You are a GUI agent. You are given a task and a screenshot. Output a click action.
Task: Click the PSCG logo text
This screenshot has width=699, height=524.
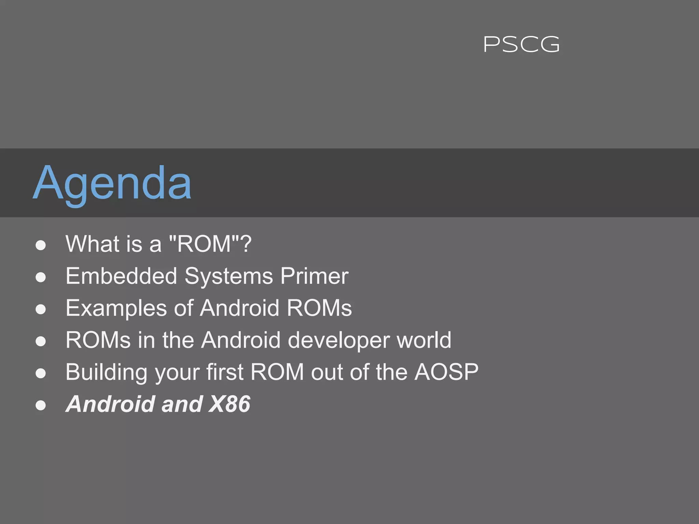522,45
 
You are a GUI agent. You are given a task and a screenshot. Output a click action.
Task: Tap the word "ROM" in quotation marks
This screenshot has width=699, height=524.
204,244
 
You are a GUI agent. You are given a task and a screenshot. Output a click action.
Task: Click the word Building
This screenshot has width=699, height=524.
106,372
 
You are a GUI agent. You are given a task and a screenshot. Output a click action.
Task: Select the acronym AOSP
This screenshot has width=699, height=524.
446,372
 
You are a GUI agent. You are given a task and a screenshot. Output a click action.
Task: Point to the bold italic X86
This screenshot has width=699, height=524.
230,404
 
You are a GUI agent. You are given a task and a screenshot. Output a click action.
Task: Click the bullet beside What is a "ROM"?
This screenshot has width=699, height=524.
41,245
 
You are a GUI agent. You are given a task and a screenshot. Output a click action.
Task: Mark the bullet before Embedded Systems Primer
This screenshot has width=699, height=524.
41,277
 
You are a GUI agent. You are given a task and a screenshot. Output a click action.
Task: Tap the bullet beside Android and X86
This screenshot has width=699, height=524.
41,405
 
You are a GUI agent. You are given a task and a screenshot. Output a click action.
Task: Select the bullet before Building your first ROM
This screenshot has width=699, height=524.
41,373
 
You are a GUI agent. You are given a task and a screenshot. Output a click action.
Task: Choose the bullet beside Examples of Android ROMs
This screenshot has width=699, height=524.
41,309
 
